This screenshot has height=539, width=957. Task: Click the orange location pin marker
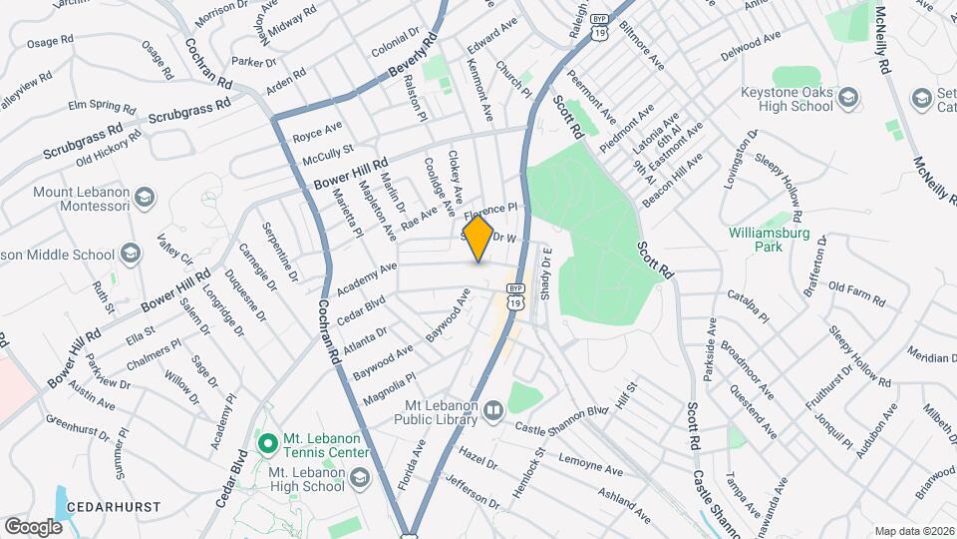click(478, 238)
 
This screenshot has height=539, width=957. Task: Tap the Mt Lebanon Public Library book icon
click(493, 410)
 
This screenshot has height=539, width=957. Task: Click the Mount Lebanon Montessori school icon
click(146, 197)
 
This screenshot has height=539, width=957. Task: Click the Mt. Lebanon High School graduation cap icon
click(360, 478)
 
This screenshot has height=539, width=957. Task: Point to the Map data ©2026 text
click(913, 531)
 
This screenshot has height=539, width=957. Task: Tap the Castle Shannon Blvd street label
click(561, 419)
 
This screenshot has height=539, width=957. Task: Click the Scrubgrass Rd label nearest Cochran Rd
click(189, 109)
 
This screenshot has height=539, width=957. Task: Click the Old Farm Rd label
click(856, 289)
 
